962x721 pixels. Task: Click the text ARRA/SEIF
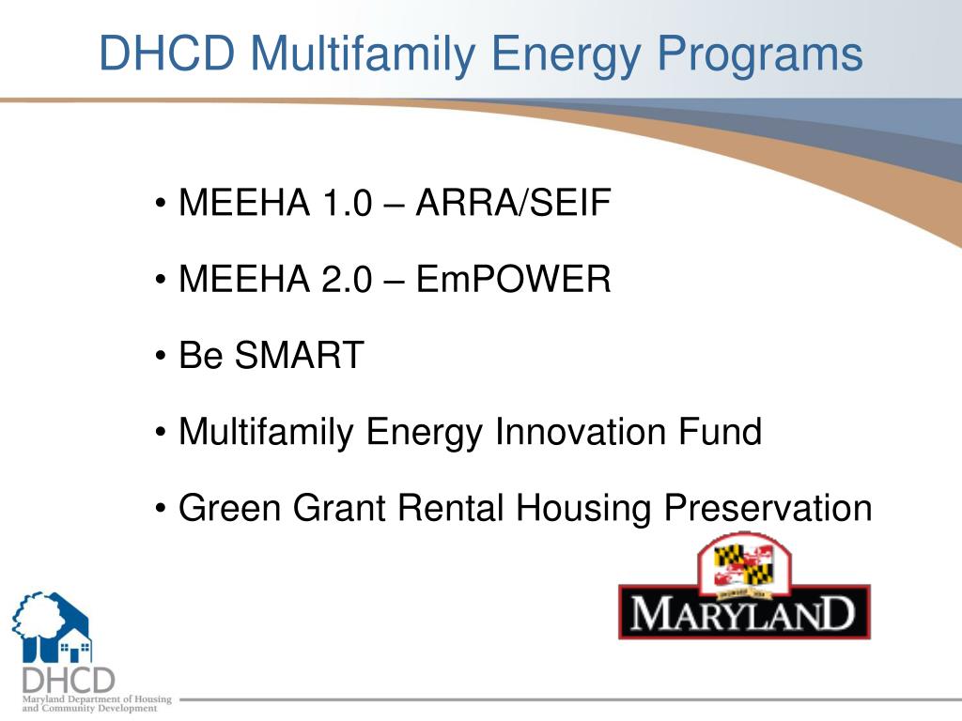[513, 203]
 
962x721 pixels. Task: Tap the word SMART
[299, 356]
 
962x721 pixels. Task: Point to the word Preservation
[768, 508]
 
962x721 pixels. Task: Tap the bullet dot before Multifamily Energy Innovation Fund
[163, 433]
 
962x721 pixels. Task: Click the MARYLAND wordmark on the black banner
[743, 615]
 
